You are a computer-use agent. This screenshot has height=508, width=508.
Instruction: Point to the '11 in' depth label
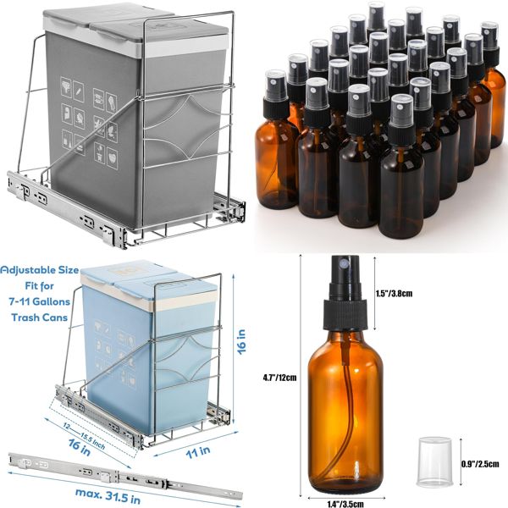pos(197,453)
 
